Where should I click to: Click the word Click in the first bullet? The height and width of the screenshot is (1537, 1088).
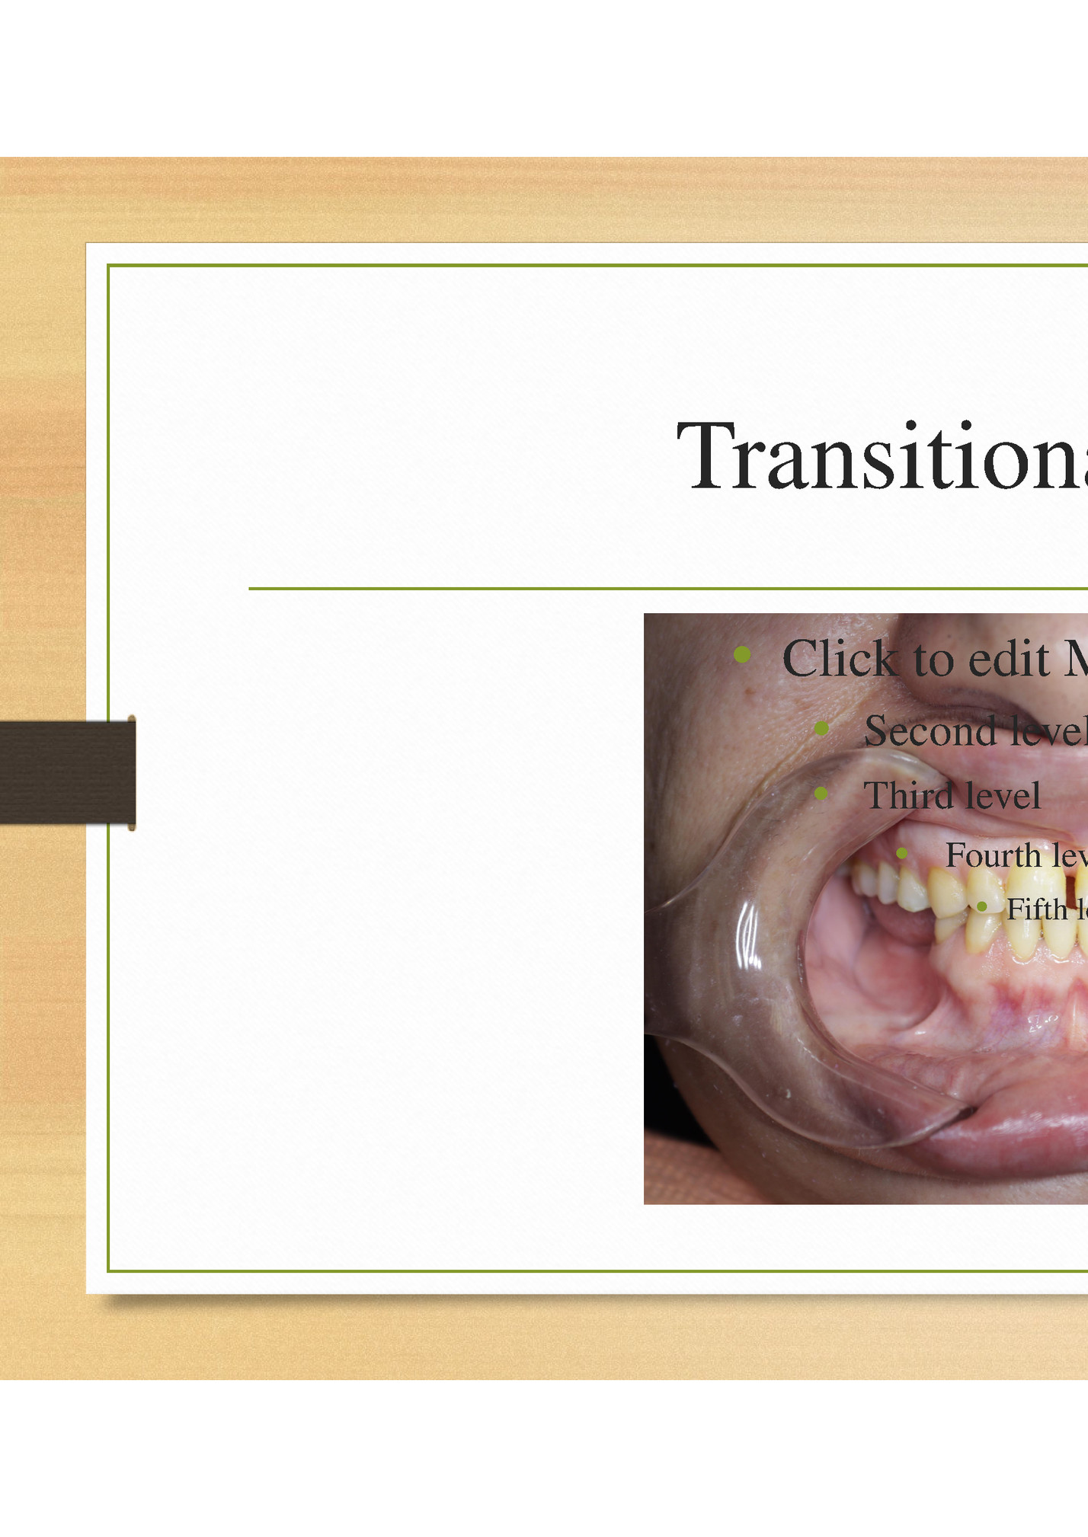pos(840,659)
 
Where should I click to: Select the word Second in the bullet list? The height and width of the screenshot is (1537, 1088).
pos(930,731)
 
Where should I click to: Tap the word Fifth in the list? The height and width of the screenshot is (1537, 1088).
pos(1037,909)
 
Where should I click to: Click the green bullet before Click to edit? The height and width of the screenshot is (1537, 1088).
pos(742,654)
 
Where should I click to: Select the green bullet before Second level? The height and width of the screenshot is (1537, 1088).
pos(821,729)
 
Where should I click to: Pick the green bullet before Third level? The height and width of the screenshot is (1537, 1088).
pos(821,794)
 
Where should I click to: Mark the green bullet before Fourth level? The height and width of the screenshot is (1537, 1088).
pos(901,854)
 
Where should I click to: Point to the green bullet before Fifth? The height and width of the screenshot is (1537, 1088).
pos(982,906)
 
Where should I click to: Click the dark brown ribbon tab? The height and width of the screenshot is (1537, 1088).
pos(65,772)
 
